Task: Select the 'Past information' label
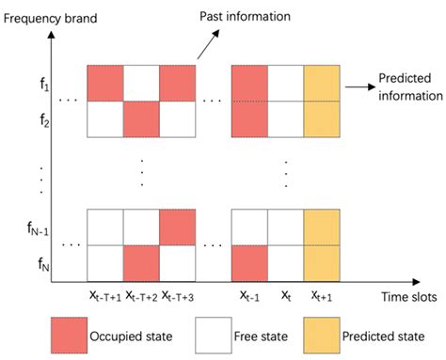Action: (x=269, y=17)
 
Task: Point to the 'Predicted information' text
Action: (x=410, y=87)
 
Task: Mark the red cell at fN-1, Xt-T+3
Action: (x=179, y=227)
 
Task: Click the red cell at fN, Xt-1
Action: (x=249, y=262)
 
